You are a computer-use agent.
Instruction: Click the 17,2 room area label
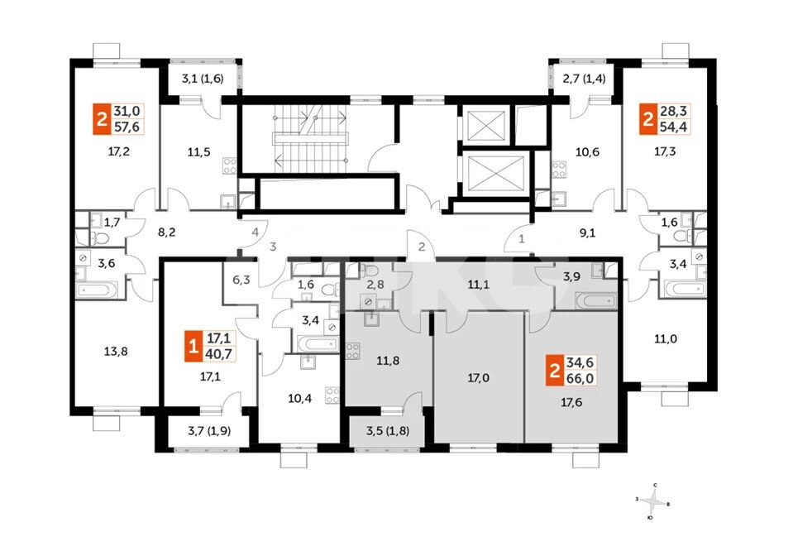point(119,151)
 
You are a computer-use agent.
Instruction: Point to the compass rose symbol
point(653,501)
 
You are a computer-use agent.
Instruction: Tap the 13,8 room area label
point(115,351)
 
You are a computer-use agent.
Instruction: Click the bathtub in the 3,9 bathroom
point(597,300)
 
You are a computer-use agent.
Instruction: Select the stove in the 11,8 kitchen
point(353,351)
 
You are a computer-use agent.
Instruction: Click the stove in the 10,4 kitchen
point(332,395)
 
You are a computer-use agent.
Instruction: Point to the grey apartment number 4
point(256,232)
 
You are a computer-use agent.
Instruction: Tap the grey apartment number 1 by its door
point(522,237)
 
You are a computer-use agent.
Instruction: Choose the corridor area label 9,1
point(587,233)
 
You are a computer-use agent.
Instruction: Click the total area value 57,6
point(127,126)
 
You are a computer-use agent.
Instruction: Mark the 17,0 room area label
point(478,377)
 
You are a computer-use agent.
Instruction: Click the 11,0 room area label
point(666,338)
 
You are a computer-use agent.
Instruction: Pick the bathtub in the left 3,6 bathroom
point(97,290)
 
